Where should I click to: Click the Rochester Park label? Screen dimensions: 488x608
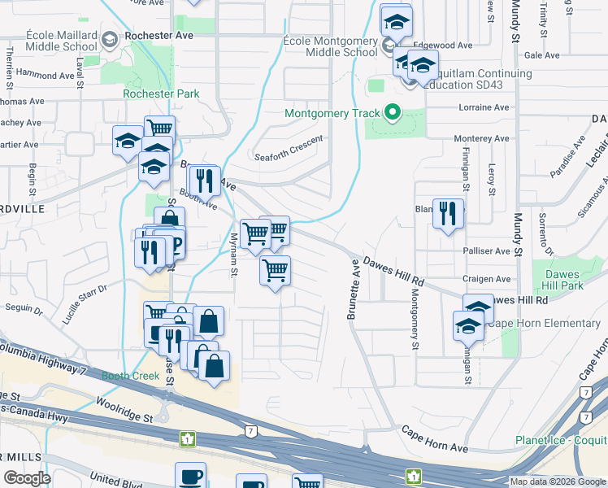(161, 94)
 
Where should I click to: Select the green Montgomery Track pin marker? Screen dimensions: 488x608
(393, 113)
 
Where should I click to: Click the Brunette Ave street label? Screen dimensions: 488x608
(354, 289)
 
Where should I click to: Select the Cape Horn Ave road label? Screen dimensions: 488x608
(435, 437)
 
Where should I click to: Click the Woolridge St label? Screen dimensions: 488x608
(124, 406)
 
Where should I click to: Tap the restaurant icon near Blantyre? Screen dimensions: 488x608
(448, 214)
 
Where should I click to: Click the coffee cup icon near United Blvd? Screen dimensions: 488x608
(190, 475)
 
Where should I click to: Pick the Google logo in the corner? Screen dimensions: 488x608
(27, 478)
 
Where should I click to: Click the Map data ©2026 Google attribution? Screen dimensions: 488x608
(557, 481)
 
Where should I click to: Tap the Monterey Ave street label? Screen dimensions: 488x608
(482, 139)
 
